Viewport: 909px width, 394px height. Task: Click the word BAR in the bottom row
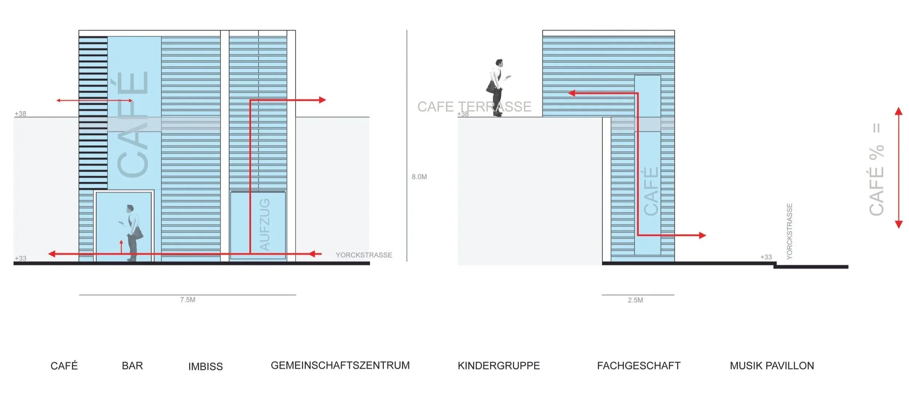(x=132, y=366)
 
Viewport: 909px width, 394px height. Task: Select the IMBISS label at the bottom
(x=205, y=366)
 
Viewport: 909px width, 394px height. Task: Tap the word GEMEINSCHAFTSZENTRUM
(x=340, y=365)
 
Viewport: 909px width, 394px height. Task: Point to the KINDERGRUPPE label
(x=498, y=366)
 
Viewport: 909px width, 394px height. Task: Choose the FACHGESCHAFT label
(x=638, y=366)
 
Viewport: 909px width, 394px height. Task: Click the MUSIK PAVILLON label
(x=772, y=366)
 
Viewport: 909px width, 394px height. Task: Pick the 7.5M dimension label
(x=188, y=300)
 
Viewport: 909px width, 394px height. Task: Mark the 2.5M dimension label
(x=635, y=300)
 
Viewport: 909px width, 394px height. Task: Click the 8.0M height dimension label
(x=419, y=177)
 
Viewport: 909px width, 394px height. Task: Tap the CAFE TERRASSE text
(x=474, y=107)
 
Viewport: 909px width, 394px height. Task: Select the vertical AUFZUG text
(x=265, y=225)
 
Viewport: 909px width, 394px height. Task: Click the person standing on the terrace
(x=497, y=87)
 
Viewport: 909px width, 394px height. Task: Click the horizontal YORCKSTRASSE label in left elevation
(x=364, y=255)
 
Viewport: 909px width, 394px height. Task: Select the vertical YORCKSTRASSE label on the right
(x=789, y=231)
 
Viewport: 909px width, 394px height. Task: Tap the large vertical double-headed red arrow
(x=898, y=168)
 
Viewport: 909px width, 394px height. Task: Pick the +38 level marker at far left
(x=20, y=114)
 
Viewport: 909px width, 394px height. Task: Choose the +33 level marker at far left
(x=20, y=258)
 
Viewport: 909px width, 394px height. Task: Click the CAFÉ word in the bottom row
(x=64, y=366)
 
